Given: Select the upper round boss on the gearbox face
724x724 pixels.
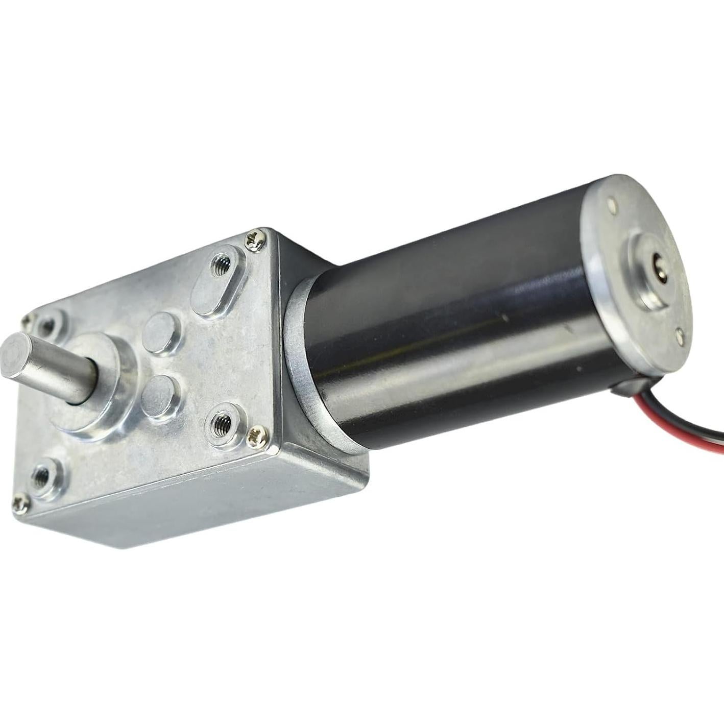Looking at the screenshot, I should [x=162, y=333].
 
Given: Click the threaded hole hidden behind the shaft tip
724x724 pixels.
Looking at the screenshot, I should [x=49, y=325].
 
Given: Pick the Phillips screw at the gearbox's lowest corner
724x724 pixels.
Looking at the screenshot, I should [x=22, y=502].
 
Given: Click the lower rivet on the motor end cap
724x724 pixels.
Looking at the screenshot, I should [x=681, y=333].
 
